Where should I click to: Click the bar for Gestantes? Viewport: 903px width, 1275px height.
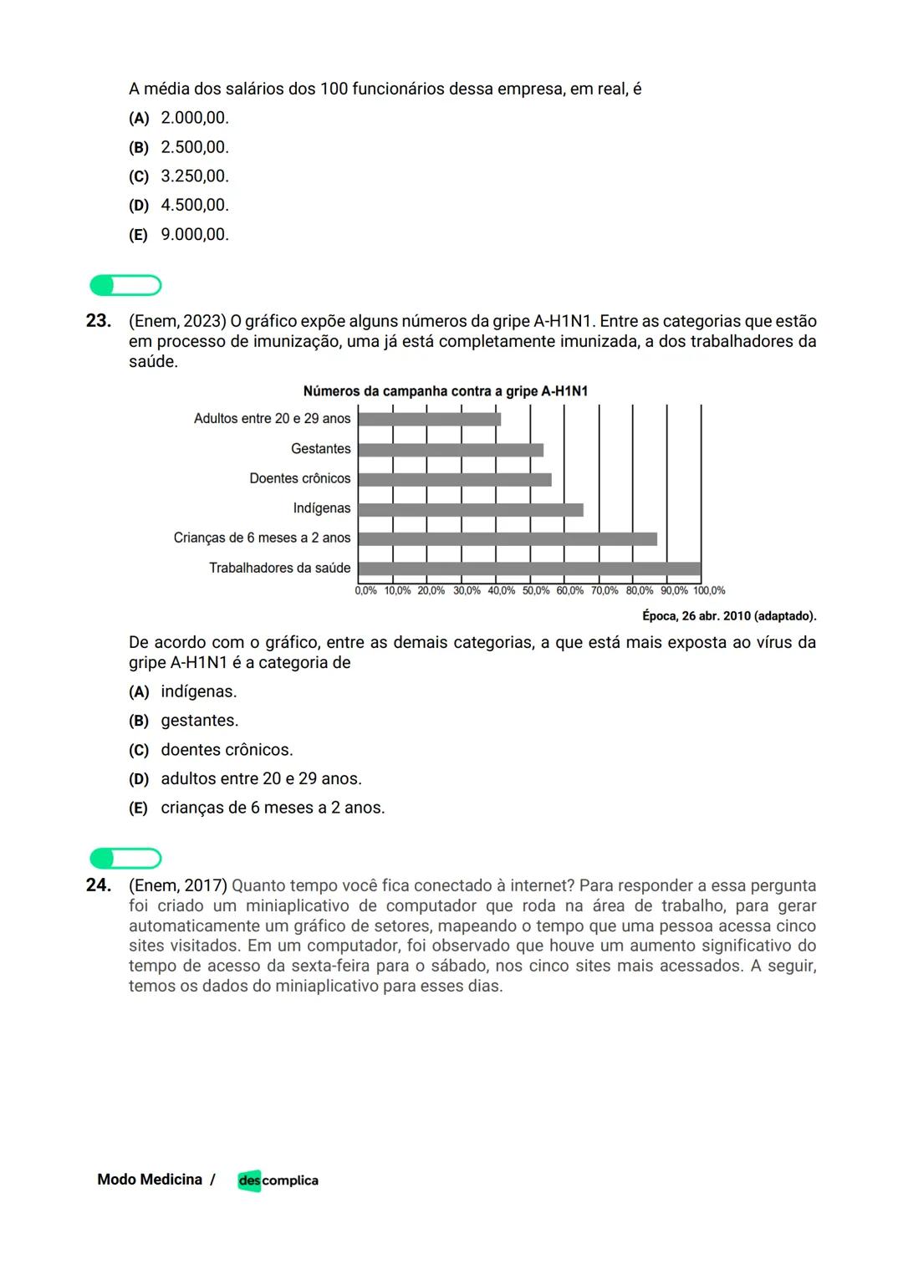tap(451, 450)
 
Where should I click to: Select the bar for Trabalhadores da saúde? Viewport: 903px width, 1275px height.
tap(529, 569)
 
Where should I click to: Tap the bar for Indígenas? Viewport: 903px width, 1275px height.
tap(471, 509)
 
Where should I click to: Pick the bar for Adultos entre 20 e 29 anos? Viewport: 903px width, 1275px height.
tap(430, 419)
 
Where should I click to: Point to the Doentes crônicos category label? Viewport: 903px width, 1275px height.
tap(299, 478)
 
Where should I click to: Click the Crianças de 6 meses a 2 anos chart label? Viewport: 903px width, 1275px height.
tap(262, 538)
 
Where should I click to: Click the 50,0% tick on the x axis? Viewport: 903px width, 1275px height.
tap(535, 590)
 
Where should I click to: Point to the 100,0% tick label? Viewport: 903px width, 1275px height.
tap(709, 590)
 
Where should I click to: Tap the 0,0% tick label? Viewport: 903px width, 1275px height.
tap(365, 590)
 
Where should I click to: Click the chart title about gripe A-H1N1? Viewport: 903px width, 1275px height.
tap(445, 391)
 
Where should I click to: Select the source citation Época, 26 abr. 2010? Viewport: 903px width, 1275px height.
tap(728, 616)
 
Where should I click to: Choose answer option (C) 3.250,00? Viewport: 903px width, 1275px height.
tap(179, 176)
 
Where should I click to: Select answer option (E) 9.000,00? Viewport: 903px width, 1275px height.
tap(179, 235)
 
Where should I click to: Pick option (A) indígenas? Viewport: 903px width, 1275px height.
tap(183, 691)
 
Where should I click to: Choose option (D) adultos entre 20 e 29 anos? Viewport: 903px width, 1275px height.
tap(245, 778)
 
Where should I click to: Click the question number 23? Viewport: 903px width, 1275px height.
tap(99, 321)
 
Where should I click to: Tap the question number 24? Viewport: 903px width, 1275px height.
tap(99, 885)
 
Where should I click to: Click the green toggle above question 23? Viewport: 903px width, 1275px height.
tap(125, 286)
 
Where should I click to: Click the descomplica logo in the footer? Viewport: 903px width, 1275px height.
tap(278, 1180)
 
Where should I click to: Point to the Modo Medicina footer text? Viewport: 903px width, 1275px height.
tap(150, 1180)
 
